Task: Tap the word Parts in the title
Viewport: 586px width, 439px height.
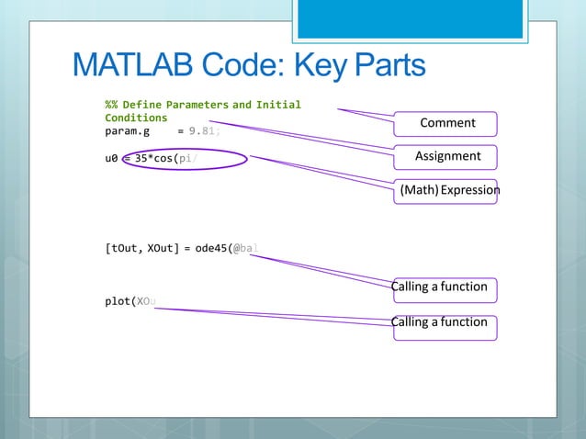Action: (x=381, y=66)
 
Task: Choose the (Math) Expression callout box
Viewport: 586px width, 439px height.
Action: (x=447, y=191)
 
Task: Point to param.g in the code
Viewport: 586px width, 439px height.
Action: (x=127, y=131)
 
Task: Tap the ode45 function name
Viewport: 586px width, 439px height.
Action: (x=213, y=248)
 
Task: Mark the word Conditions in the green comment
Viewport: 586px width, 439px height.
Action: (x=136, y=118)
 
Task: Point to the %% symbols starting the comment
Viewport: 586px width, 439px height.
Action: (x=110, y=105)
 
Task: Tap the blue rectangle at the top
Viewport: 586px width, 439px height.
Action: (x=423, y=18)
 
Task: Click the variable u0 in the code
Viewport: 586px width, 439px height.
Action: (x=111, y=158)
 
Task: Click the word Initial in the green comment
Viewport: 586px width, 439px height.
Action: (x=278, y=105)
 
